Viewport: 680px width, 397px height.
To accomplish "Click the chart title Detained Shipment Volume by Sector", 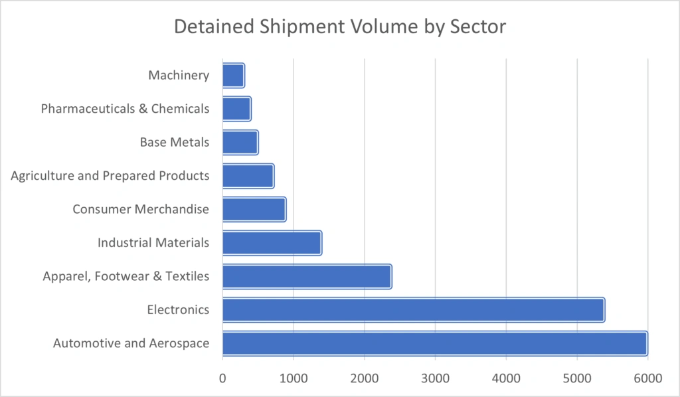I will click(x=340, y=27).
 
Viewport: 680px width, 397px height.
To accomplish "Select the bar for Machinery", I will click(x=233, y=75).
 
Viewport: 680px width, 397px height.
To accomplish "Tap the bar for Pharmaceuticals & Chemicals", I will click(x=236, y=108).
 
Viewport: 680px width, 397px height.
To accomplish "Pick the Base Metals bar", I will click(x=240, y=142).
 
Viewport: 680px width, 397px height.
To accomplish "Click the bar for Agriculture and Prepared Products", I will click(x=248, y=176).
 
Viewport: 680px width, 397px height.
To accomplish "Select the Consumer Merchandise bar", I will click(x=254, y=209).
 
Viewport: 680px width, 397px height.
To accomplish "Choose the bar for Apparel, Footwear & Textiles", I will click(x=307, y=276).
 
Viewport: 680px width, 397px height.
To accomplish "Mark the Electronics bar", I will click(x=413, y=310).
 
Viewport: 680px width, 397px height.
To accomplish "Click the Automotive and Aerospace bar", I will click(x=434, y=343).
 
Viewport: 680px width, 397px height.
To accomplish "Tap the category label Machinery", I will click(x=179, y=75).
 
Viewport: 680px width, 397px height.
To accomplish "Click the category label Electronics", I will click(x=178, y=310).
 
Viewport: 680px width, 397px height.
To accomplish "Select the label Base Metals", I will click(x=175, y=142).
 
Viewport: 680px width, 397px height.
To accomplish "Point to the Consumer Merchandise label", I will click(x=141, y=209).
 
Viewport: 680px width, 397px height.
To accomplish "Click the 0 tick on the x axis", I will click(x=222, y=378).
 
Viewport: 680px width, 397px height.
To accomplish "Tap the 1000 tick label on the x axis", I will click(x=294, y=378).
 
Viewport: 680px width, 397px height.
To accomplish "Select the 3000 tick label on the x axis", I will click(x=435, y=378).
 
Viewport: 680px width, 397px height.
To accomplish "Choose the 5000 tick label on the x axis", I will click(x=577, y=378).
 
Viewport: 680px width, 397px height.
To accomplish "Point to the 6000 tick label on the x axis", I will click(x=647, y=378).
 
